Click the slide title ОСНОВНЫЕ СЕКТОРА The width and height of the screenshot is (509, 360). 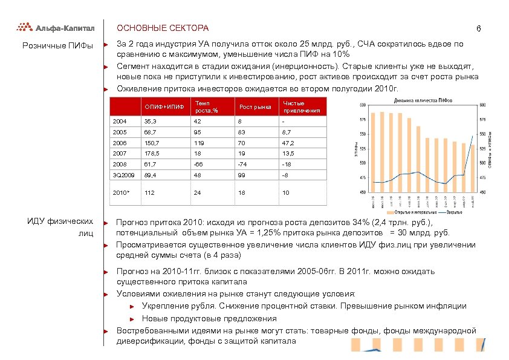point(162,28)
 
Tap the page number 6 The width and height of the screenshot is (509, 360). point(478,30)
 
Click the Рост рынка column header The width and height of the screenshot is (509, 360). point(254,107)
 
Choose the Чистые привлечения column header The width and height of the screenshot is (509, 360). point(300,107)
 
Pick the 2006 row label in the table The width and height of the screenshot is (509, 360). point(120,143)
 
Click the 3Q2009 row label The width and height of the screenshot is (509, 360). point(123,174)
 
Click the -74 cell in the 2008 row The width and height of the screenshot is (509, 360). point(244,164)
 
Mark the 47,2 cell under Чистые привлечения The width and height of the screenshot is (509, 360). point(288,143)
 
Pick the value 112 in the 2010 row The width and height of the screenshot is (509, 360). point(150,193)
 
